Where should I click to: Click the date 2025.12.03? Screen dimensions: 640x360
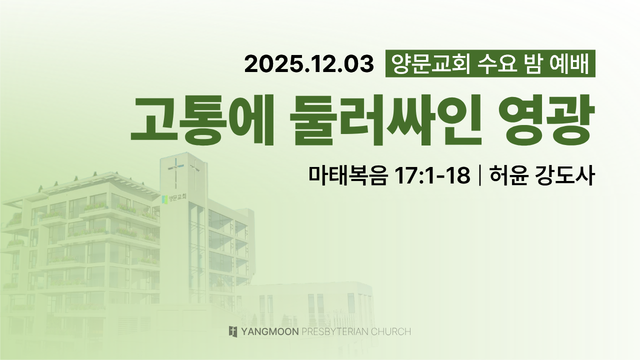pos(309,64)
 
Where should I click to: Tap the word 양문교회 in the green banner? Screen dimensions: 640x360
pos(430,63)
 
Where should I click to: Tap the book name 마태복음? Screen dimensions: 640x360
pos(348,174)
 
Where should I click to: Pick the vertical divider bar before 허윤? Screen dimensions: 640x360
pos(479,175)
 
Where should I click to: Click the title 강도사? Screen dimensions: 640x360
pos(565,174)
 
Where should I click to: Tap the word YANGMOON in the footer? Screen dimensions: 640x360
pos(270,331)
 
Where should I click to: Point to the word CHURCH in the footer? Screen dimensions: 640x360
pos(391,331)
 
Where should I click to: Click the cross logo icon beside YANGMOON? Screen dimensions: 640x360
pos(233,331)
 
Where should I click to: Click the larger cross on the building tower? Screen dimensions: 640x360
pos(175,171)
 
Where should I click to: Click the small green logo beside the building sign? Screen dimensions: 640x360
pos(164,199)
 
